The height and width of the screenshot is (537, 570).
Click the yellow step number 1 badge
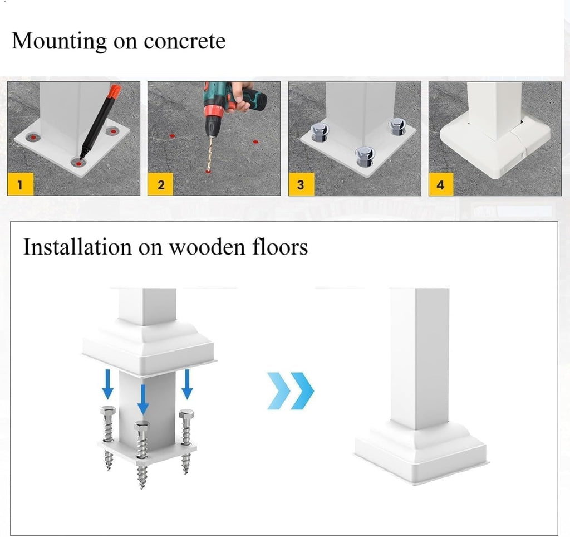tap(21, 184)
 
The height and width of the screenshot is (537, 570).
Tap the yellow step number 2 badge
tap(160, 184)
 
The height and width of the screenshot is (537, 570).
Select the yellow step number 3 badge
tap(301, 184)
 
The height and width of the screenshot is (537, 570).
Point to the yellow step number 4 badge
tap(441, 184)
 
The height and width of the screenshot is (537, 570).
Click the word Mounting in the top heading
tap(59, 42)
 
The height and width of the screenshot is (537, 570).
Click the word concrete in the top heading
tap(185, 41)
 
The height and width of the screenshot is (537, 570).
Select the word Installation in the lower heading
tap(77, 247)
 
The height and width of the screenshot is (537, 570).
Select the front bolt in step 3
tap(363, 156)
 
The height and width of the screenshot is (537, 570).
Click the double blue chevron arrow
tap(291, 390)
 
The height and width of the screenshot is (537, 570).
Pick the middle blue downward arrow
tap(143, 399)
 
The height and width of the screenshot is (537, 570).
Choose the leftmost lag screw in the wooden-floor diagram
tap(108, 438)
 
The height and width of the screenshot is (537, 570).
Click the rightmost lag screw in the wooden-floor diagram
tap(186, 441)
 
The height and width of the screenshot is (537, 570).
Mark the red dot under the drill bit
tap(208, 171)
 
